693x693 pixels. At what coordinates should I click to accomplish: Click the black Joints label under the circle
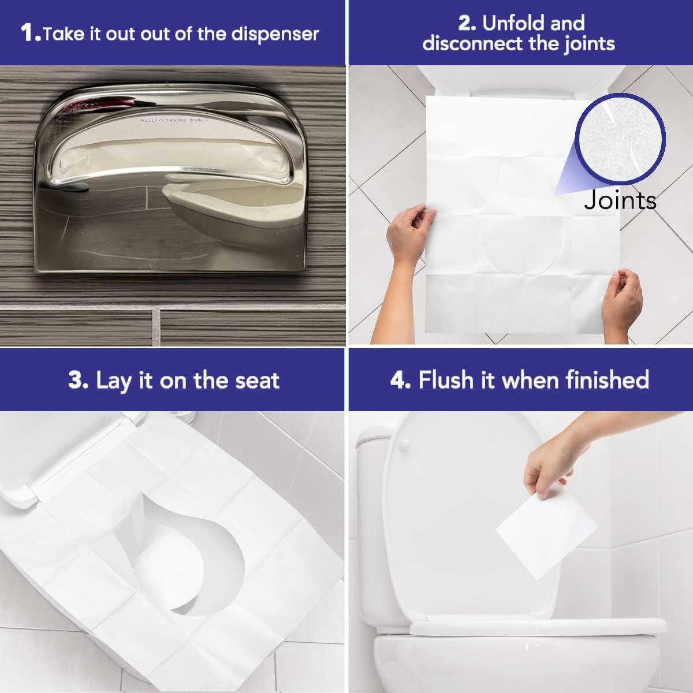tap(620, 200)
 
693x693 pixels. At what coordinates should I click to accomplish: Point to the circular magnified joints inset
tap(622, 136)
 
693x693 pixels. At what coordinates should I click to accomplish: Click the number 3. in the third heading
tap(78, 381)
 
